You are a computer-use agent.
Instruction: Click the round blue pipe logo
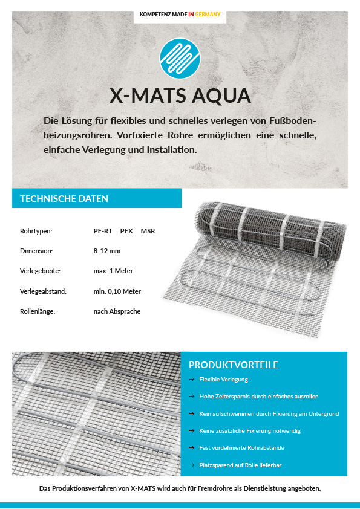click(180, 60)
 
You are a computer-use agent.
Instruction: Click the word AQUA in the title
click(221, 96)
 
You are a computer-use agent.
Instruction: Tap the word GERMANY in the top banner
click(208, 14)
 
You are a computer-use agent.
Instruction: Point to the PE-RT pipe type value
click(103, 231)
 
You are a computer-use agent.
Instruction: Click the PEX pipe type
click(126, 231)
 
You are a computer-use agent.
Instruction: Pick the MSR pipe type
click(148, 231)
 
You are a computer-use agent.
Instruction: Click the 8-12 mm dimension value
click(107, 251)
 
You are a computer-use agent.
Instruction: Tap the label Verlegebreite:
click(40, 271)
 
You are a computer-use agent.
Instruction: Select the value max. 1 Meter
click(113, 271)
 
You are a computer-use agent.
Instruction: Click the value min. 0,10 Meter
click(117, 291)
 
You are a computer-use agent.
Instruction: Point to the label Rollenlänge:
click(38, 312)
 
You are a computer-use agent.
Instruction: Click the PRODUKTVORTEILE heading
click(234, 365)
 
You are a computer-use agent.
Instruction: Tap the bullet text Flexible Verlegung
click(223, 380)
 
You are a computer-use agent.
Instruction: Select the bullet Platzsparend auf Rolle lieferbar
click(240, 465)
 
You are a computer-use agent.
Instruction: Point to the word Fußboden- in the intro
click(290, 120)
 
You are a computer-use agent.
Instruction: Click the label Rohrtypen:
click(36, 231)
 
